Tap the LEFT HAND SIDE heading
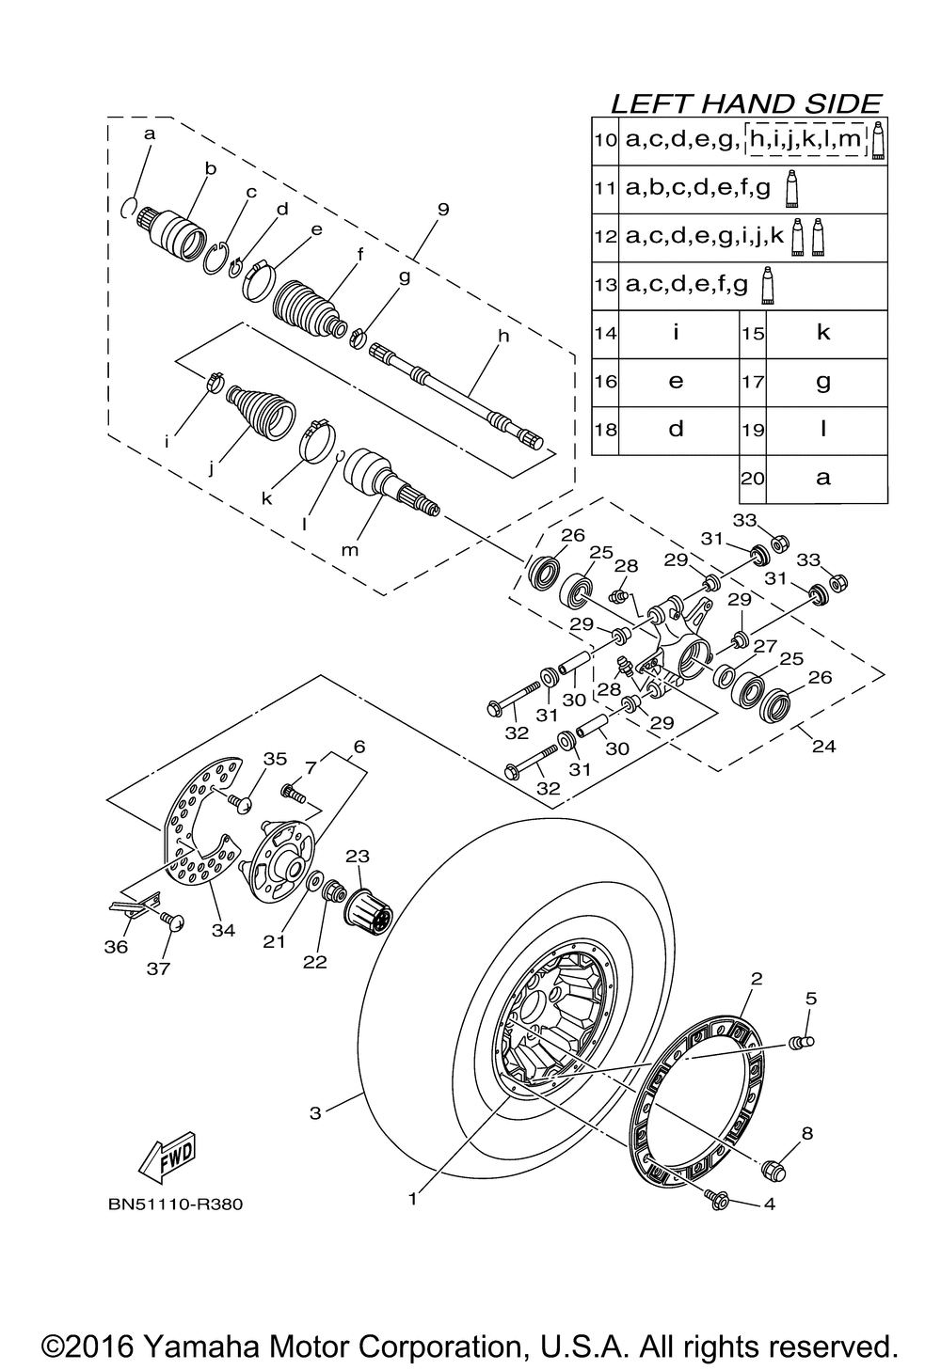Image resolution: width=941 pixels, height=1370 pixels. (x=745, y=102)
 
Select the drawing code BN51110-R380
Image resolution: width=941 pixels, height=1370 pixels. (x=175, y=1205)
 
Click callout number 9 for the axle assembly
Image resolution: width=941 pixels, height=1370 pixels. (x=443, y=211)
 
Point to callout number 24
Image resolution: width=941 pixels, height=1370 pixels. (x=823, y=748)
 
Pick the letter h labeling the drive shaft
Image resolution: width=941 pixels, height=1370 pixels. (x=502, y=336)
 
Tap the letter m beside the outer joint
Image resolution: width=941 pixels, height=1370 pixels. (x=350, y=550)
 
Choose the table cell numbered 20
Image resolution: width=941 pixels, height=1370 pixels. (x=753, y=478)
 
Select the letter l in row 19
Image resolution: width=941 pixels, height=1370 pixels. (x=823, y=429)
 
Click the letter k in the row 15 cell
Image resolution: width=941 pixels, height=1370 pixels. (x=823, y=333)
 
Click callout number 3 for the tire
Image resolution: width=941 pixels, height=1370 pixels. (x=315, y=1113)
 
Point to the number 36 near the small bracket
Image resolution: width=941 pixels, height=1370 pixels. (x=116, y=947)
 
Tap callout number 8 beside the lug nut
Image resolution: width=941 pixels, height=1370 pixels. (x=806, y=1134)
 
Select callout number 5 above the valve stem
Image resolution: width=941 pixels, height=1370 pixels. (x=810, y=999)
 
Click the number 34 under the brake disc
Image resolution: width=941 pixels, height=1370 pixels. (x=223, y=930)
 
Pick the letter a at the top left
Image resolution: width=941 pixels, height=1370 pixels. (x=149, y=134)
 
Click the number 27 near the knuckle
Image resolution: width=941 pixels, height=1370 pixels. (x=764, y=646)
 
